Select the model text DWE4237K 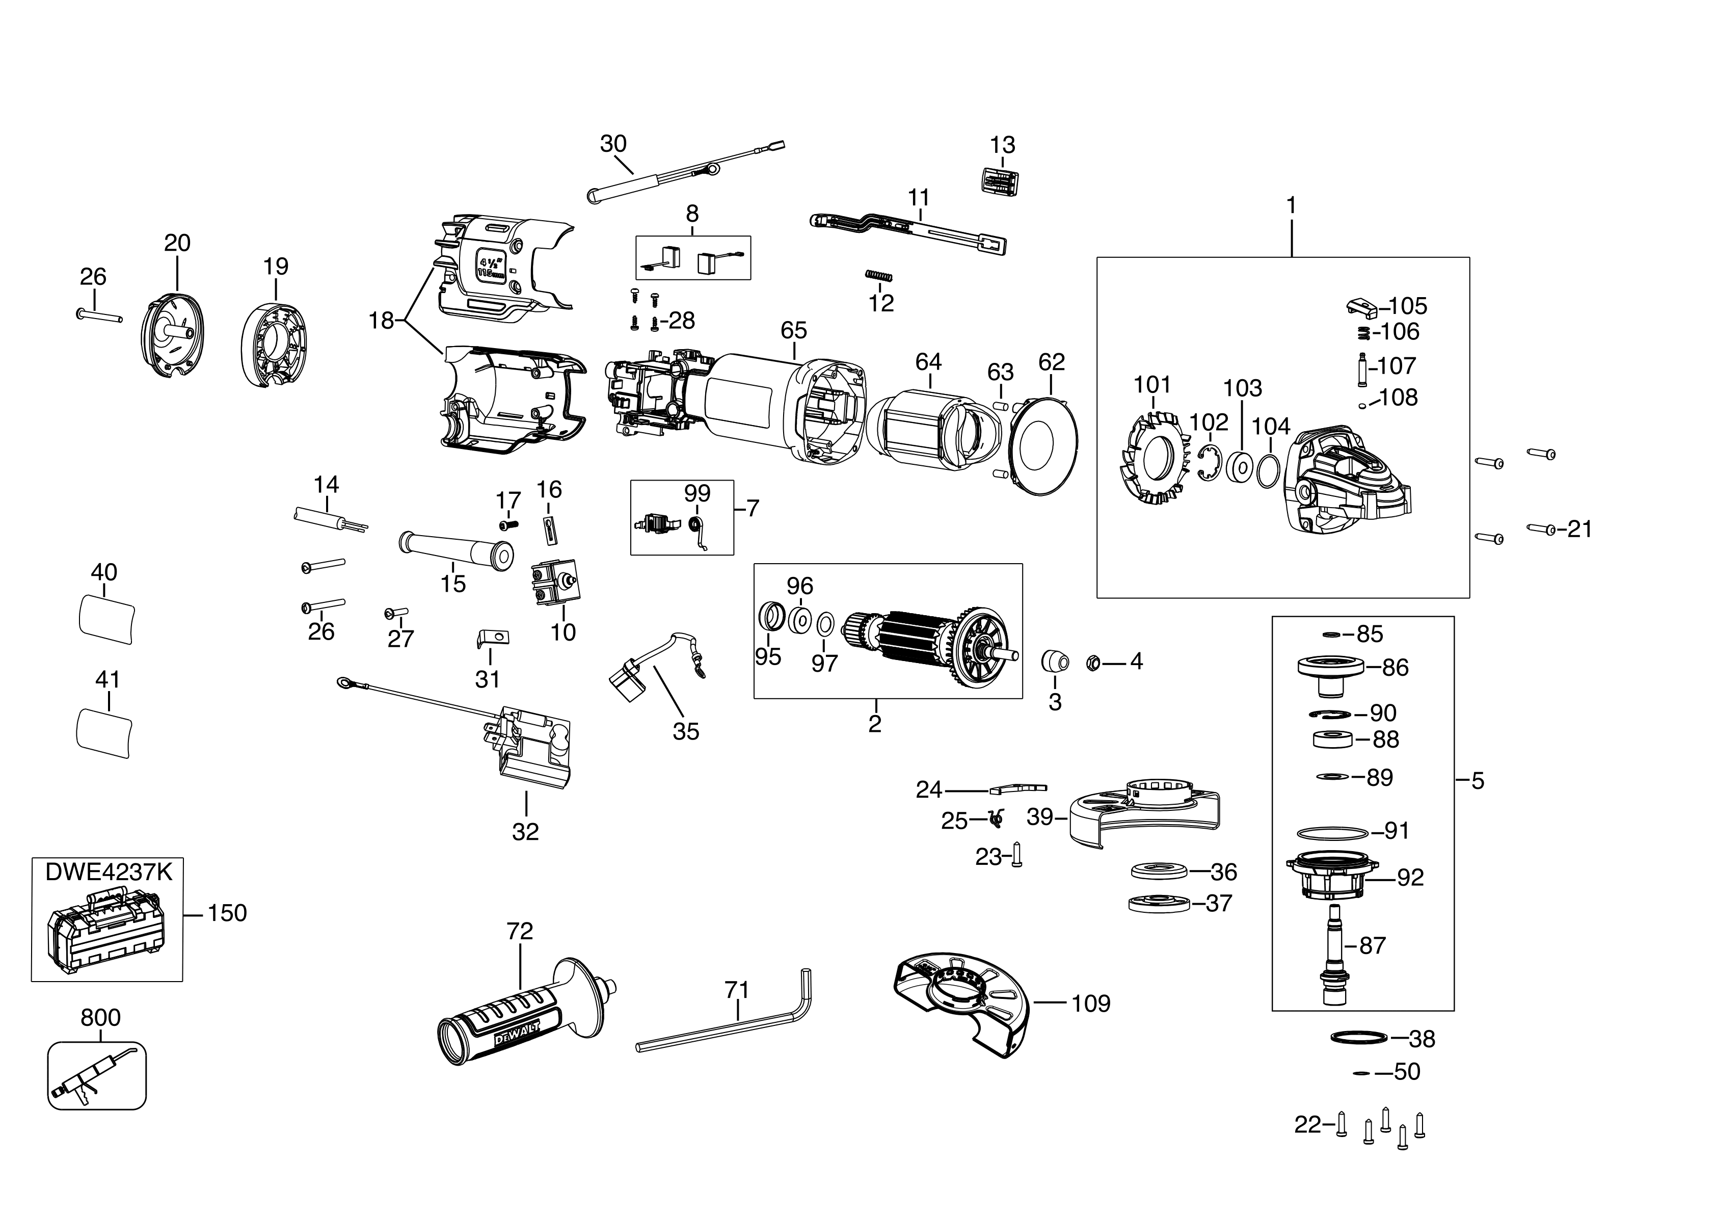pos(109,873)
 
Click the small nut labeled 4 pos(1090,662)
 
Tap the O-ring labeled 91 pos(1332,832)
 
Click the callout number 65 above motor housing pos(794,330)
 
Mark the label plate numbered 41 pos(104,735)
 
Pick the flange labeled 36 pos(1159,871)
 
